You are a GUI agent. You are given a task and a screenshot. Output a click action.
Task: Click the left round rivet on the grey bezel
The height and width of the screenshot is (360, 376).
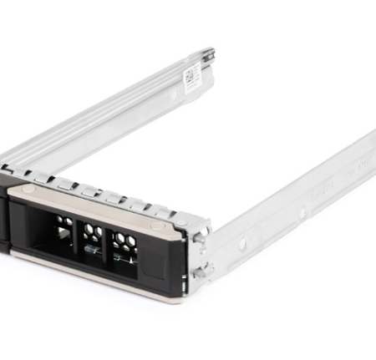click(x=28, y=190)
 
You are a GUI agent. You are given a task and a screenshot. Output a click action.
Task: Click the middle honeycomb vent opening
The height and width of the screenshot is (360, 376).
click(x=92, y=239)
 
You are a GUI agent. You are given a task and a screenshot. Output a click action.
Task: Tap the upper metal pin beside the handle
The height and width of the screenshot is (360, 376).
click(x=201, y=237)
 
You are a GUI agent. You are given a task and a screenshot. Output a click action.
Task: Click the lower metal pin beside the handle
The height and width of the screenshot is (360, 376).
click(x=200, y=269)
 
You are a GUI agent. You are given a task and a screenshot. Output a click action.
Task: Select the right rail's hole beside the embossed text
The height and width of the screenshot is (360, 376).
click(x=302, y=212)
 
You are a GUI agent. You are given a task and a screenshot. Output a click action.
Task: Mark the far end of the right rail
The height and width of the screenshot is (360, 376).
click(x=368, y=146)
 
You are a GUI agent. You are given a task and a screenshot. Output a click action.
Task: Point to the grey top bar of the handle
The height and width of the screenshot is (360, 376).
click(x=92, y=205)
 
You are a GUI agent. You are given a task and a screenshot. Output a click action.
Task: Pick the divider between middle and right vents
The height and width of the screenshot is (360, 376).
click(x=108, y=245)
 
